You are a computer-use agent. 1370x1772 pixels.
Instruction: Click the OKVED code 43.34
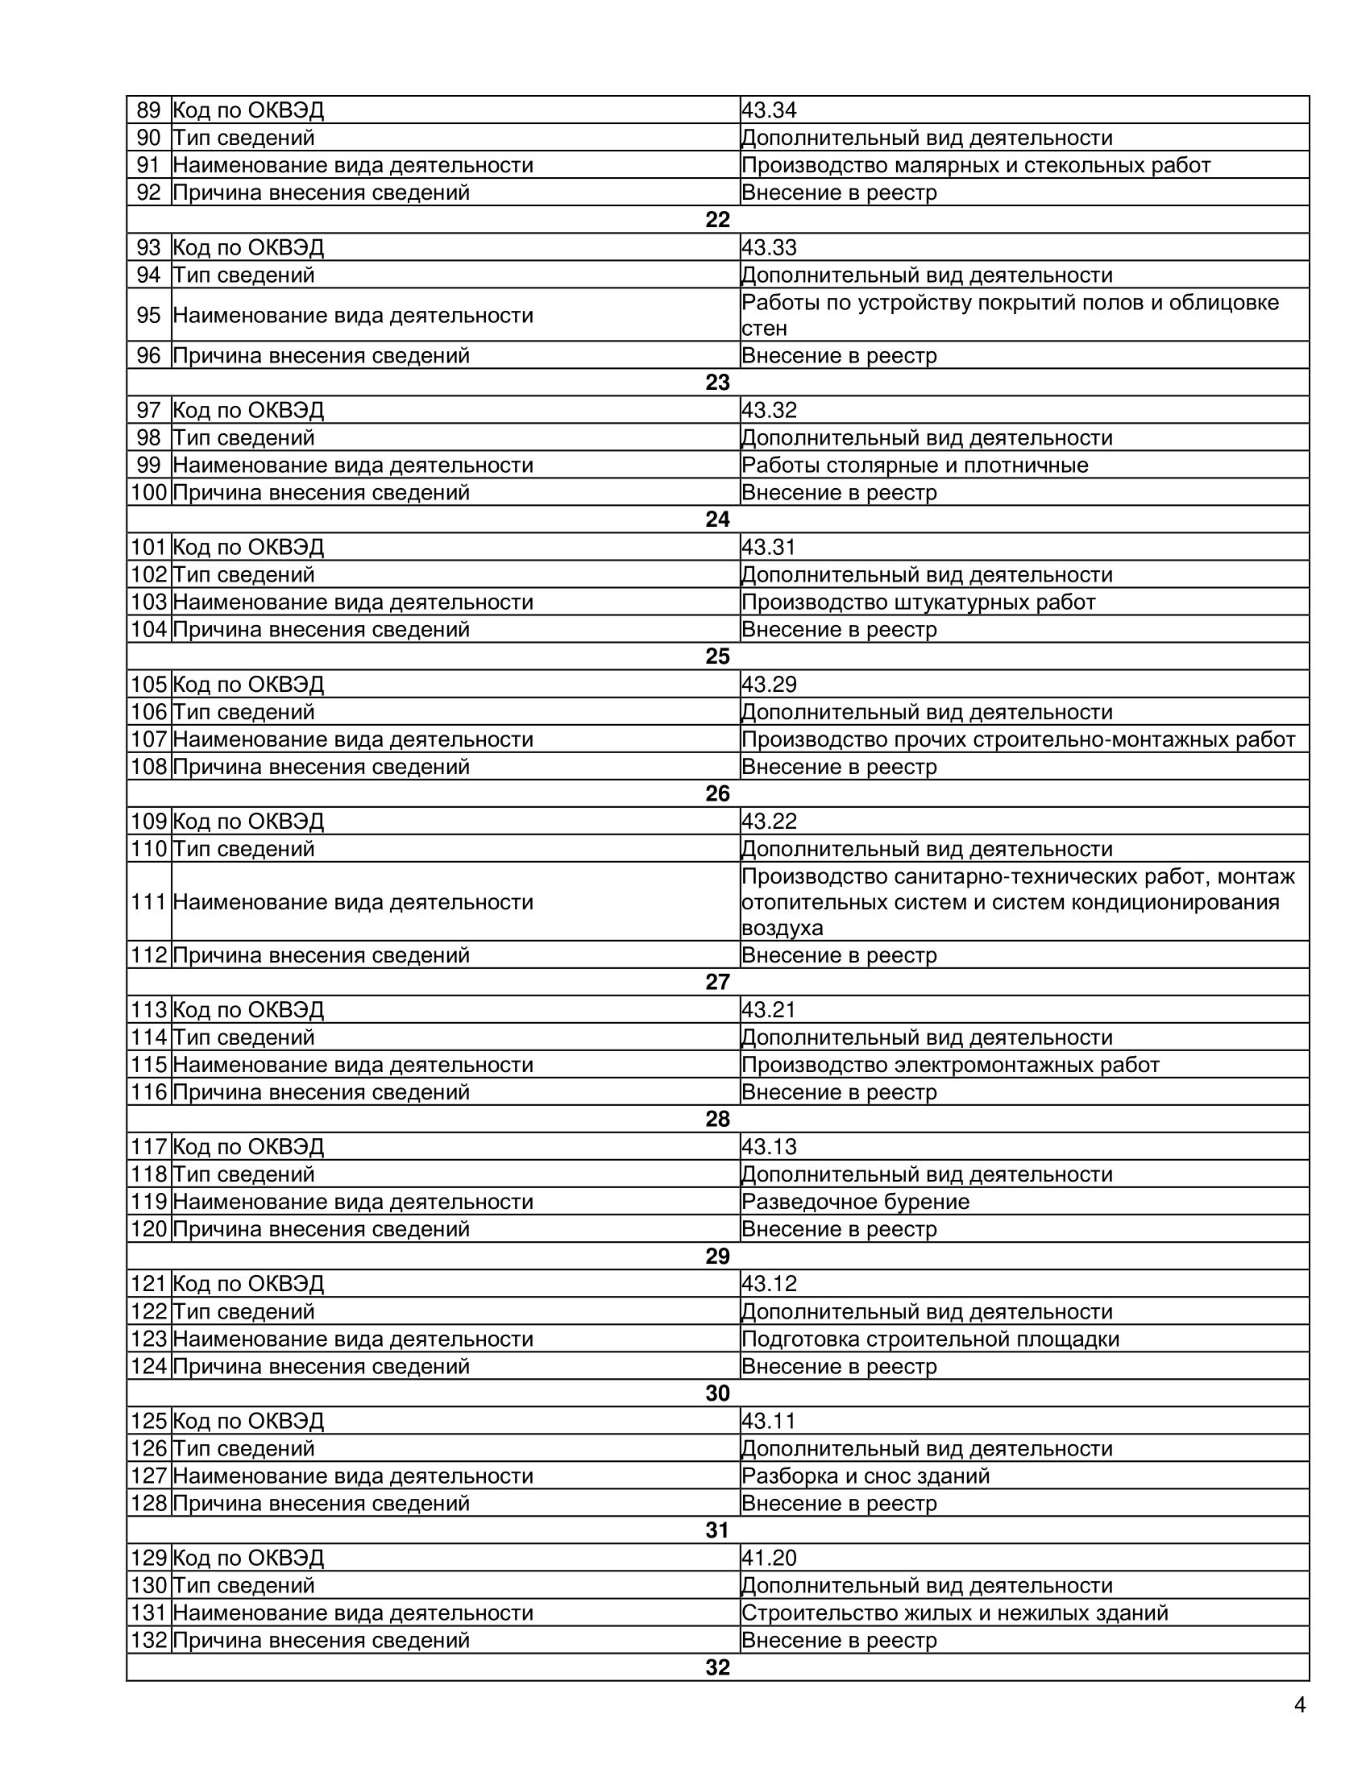pos(769,110)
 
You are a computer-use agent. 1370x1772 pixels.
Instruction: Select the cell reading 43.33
pos(769,247)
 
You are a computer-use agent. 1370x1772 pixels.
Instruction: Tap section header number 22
pos(717,220)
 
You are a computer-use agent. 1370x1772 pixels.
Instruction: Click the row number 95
pos(148,315)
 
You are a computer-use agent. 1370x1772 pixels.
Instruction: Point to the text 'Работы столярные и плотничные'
pos(915,466)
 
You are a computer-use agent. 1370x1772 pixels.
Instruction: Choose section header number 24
pos(717,520)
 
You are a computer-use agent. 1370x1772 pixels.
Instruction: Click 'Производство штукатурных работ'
pos(919,602)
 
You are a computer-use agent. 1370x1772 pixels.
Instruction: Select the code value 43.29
pos(769,685)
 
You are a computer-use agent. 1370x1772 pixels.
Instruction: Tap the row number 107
pos(148,740)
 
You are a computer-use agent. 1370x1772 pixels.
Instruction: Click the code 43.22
pos(769,822)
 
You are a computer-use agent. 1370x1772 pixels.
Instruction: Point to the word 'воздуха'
pos(782,928)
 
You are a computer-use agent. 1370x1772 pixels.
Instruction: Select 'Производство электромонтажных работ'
pos(950,1066)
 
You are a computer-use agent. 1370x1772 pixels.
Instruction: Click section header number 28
pos(717,1120)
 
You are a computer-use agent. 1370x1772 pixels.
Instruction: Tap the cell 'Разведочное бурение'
pos(855,1202)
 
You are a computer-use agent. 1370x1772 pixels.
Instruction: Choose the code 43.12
pos(769,1284)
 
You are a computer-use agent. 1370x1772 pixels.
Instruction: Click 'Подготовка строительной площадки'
pos(930,1339)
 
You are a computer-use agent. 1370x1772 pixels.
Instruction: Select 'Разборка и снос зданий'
pos(866,1476)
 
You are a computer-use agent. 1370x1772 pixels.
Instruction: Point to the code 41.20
pos(769,1558)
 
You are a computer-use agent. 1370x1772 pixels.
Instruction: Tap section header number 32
pos(717,1667)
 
